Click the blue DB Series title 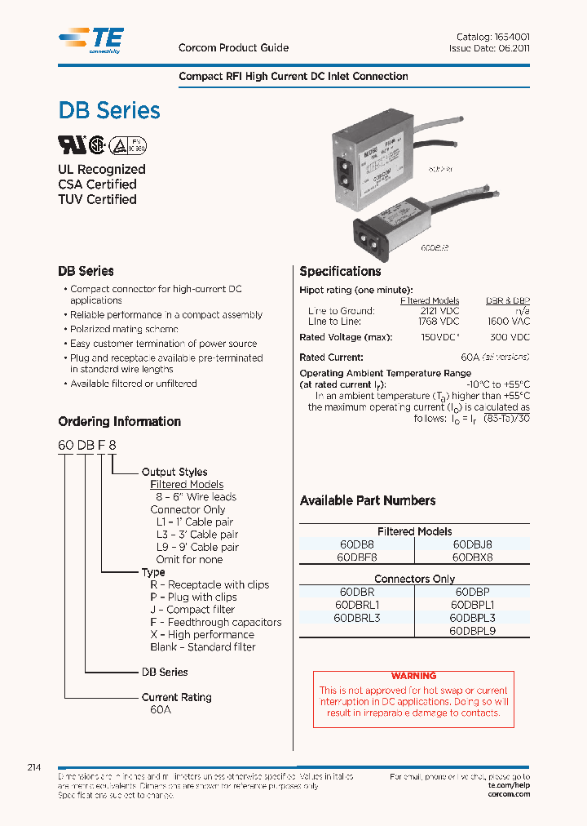pos(109,111)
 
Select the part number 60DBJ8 pos(472,544)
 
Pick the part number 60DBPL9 pos(472,631)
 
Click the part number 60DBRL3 pos(357,618)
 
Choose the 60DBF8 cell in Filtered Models pos(357,557)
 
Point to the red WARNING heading pos(413,676)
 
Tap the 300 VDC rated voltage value pos(510,337)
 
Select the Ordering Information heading pos(119,422)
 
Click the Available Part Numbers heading pos(368,500)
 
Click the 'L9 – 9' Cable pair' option pos(196,547)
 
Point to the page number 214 pos(34,768)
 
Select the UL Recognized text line pos(101,170)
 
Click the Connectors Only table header pos(414,579)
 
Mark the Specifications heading pos(340,272)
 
